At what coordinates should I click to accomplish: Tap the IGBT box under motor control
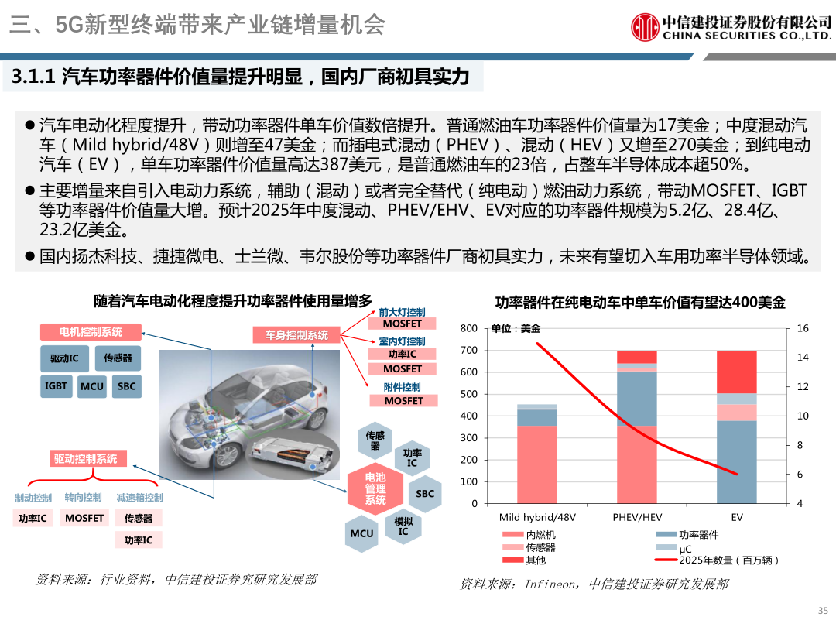tap(57, 385)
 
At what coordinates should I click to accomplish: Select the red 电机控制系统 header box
tap(91, 332)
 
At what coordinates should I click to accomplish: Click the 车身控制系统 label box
tap(296, 335)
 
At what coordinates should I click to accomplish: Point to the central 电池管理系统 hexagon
tap(375, 489)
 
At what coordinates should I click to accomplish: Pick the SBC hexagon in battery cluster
tap(425, 493)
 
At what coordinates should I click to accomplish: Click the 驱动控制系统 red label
tap(85, 458)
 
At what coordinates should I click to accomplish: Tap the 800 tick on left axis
tap(469, 328)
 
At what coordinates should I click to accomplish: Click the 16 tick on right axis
tap(802, 328)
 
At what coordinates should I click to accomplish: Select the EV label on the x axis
tap(736, 517)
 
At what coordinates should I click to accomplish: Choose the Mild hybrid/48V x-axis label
tap(537, 517)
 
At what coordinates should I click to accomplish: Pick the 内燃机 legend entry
tap(540, 535)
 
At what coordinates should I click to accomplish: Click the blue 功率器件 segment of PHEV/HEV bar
tap(636, 399)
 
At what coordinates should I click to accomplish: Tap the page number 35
tap(822, 609)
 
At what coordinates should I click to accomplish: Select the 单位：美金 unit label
tap(516, 328)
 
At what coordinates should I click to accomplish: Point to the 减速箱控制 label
tap(139, 497)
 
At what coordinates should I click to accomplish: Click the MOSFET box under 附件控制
tap(403, 401)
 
